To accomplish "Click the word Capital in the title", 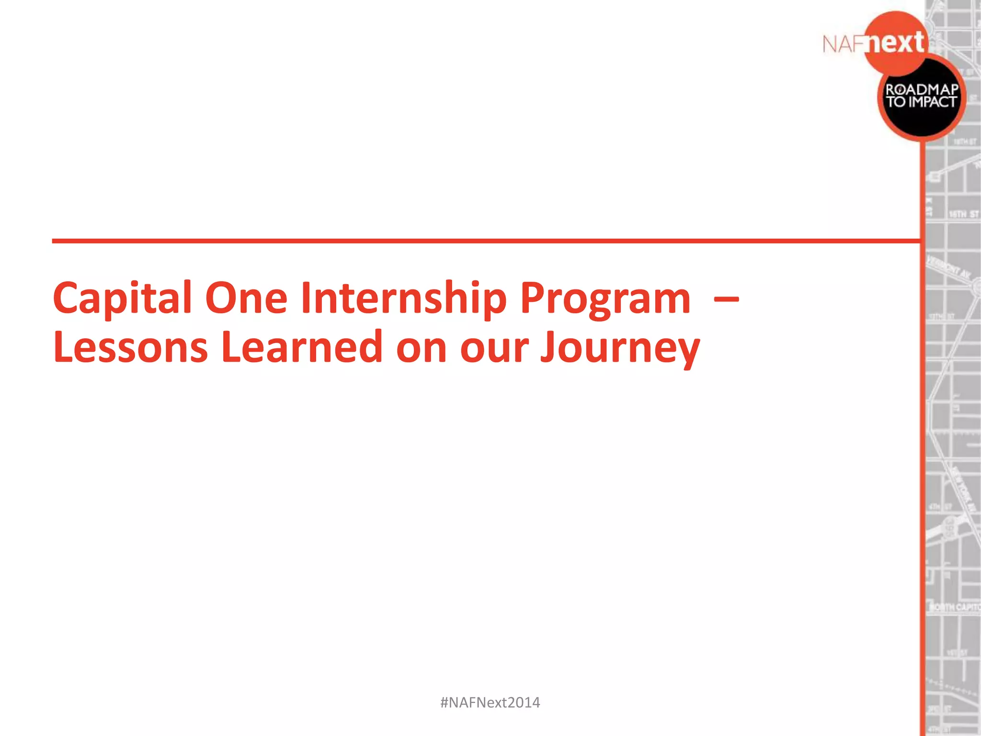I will click(x=122, y=298).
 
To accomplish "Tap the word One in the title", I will click(x=246, y=298).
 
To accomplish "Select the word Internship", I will click(x=403, y=298).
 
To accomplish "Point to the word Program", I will click(x=605, y=298).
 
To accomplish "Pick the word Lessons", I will click(x=130, y=347).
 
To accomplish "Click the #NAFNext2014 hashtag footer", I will click(x=490, y=702).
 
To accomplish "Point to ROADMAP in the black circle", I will click(x=922, y=90).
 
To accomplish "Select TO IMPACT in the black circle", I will click(x=922, y=102).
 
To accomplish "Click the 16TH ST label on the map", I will click(x=963, y=214).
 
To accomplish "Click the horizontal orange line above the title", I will click(x=479, y=241).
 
